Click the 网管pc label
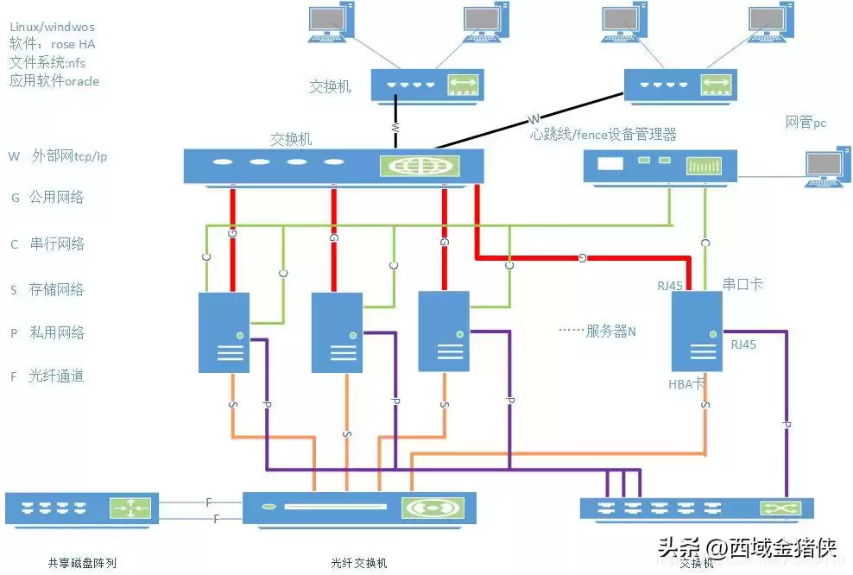pos(805,123)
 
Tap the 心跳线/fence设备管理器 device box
pos(660,167)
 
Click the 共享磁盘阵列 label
pos(82,564)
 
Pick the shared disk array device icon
pos(82,509)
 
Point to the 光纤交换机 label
pos(359,564)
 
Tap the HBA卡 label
pos(687,384)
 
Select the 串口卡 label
pos(742,283)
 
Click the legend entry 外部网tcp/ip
pos(69,156)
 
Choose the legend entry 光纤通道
pos(56,376)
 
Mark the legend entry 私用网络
pos(56,332)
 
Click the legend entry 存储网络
pos(56,289)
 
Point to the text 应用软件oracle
pos(54,81)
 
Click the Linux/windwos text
pos(52,28)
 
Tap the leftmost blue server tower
pos(224,332)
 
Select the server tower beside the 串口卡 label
pos(696,332)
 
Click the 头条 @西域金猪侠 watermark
pos(748,547)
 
